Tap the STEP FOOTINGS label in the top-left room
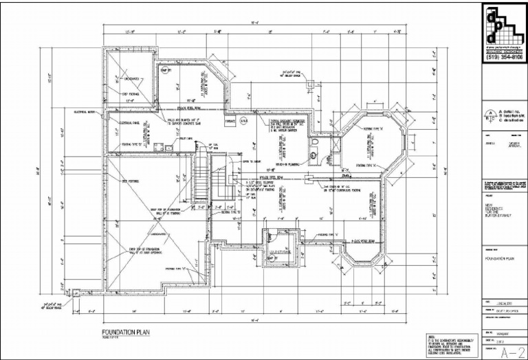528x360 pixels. click(131, 93)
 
